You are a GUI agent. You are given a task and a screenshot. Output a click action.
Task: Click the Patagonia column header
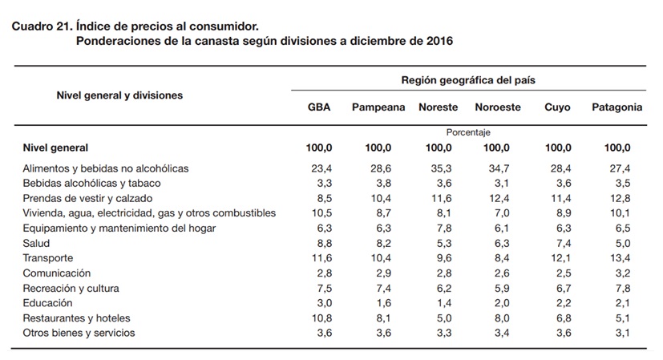[617, 107]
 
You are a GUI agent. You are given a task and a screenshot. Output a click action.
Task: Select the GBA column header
[319, 107]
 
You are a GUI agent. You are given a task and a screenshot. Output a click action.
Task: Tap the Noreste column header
[438, 107]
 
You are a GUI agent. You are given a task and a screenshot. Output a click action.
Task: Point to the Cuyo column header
[557, 107]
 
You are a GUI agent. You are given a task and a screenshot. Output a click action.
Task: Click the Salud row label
[36, 243]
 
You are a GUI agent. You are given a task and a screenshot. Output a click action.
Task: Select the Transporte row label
[48, 258]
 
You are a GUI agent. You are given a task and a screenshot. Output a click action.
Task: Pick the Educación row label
[48, 303]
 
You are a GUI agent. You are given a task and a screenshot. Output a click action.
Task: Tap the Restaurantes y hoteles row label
[76, 318]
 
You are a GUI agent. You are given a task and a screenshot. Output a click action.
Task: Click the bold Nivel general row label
[55, 148]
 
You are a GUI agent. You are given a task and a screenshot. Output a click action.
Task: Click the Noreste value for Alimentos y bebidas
[441, 168]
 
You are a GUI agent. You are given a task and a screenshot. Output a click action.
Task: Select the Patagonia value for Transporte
[620, 258]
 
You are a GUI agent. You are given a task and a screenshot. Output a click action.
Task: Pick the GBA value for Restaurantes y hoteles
[321, 318]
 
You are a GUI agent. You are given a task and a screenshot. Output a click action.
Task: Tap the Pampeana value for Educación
[383, 303]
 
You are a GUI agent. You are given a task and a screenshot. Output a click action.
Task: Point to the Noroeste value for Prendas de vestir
[499, 198]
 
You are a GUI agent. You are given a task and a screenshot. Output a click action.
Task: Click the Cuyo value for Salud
[564, 243]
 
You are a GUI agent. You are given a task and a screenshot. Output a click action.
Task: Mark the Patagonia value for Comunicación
[623, 273]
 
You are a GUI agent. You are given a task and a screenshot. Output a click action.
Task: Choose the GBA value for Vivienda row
[321, 213]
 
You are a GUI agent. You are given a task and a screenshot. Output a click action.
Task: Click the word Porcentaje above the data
[468, 132]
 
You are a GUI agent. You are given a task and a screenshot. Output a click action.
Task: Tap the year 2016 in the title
[439, 41]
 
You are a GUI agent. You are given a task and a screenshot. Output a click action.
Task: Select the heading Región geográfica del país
[468, 80]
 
